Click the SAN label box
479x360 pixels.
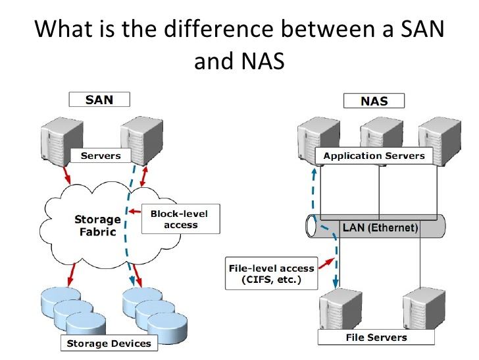click(100, 100)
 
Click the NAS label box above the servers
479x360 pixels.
click(374, 102)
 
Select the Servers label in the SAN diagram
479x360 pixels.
click(100, 156)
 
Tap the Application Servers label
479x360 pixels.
click(374, 156)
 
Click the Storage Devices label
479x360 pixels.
click(109, 343)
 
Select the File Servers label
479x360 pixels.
click(376, 338)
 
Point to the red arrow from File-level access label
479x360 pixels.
click(323, 265)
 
